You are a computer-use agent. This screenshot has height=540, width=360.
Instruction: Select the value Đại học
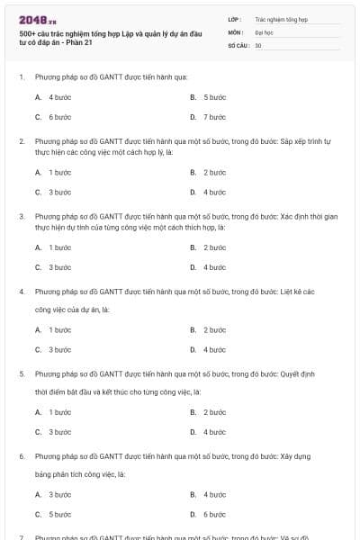(264, 31)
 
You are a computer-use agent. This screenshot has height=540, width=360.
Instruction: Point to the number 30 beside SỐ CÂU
(258, 45)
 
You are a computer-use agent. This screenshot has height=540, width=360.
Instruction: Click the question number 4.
(22, 292)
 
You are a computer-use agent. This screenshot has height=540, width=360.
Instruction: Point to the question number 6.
(22, 456)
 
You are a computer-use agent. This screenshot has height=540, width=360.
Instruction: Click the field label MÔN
(236, 31)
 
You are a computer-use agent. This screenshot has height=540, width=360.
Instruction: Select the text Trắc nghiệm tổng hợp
(278, 18)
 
